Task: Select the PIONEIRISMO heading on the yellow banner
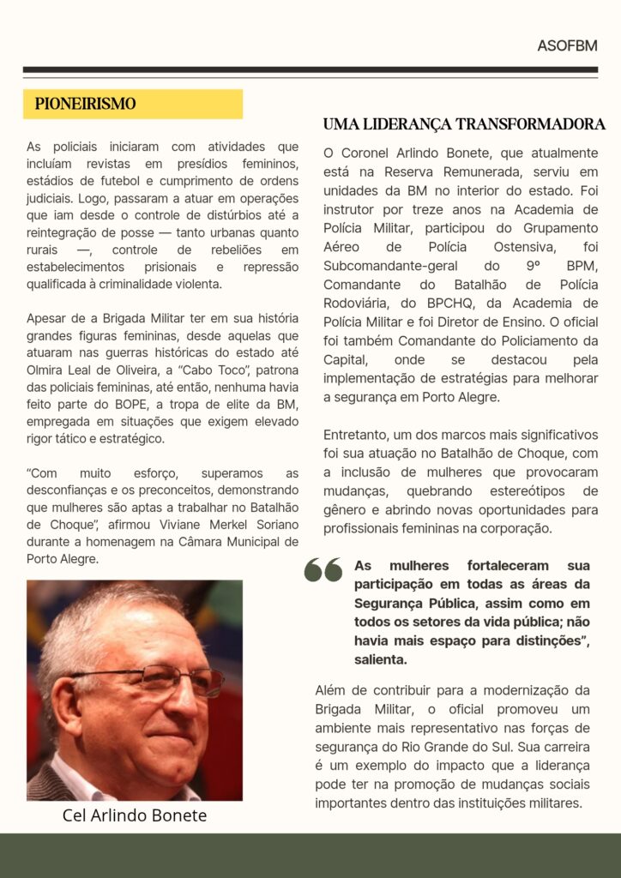86,104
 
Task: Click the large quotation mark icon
323,570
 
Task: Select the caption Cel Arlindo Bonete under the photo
135,815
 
